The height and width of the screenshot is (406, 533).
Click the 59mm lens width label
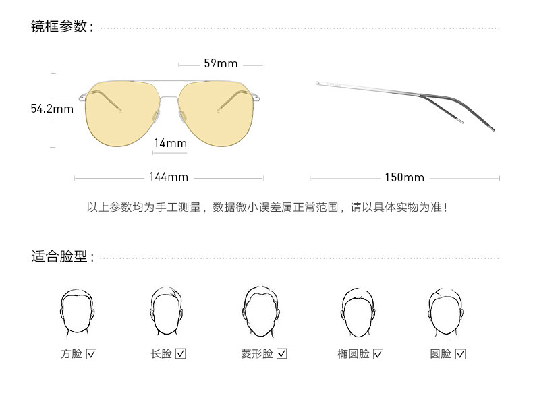[x=221, y=64]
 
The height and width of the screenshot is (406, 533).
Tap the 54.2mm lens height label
[x=52, y=109]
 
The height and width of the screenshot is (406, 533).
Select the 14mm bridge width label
[x=170, y=143]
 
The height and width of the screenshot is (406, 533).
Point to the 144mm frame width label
[x=169, y=177]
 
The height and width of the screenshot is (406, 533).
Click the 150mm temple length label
[x=404, y=178]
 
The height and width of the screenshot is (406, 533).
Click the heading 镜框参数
[x=59, y=27]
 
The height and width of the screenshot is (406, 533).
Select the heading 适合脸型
[x=59, y=257]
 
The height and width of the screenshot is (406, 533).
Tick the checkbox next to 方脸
[x=92, y=354]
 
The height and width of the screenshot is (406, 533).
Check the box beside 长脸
[x=180, y=354]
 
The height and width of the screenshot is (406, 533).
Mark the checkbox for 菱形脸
[x=282, y=354]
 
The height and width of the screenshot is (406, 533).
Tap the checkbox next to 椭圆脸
[x=378, y=354]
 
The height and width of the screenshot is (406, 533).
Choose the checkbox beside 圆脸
[x=460, y=354]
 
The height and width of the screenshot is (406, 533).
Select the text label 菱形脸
[x=257, y=354]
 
